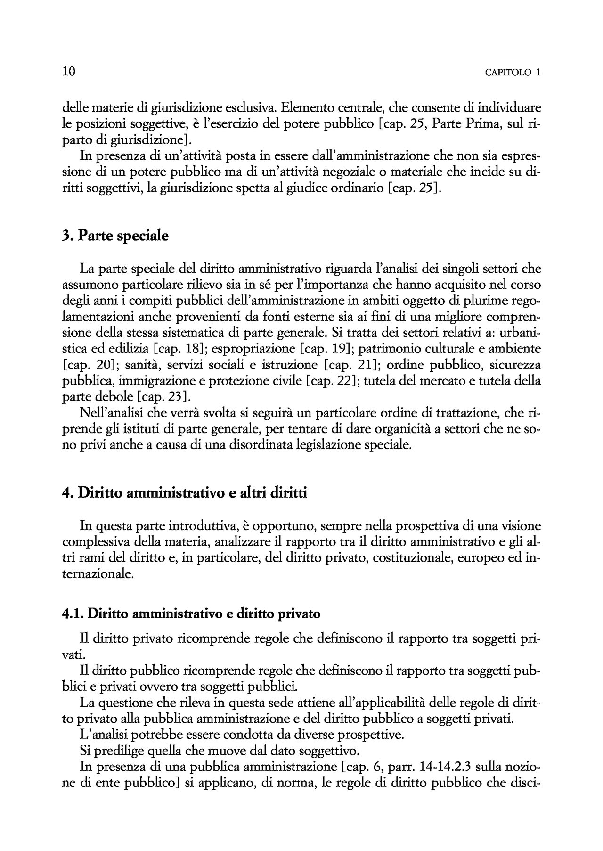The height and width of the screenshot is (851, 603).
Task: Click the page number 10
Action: [x=69, y=72]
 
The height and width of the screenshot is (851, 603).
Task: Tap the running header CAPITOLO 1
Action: [x=513, y=73]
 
